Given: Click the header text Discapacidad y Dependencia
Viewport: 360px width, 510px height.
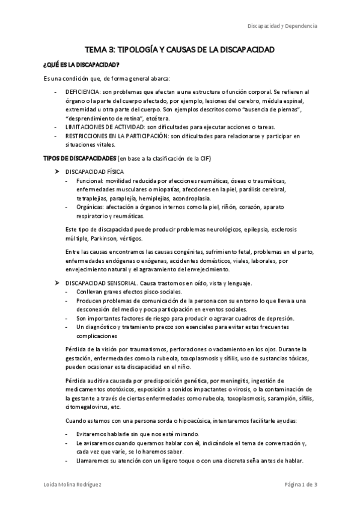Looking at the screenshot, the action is click(283, 26).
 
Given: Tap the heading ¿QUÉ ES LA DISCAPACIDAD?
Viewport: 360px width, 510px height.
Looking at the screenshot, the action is click(81, 64).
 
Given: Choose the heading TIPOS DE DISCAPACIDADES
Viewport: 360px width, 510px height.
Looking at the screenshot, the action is click(81, 158).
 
